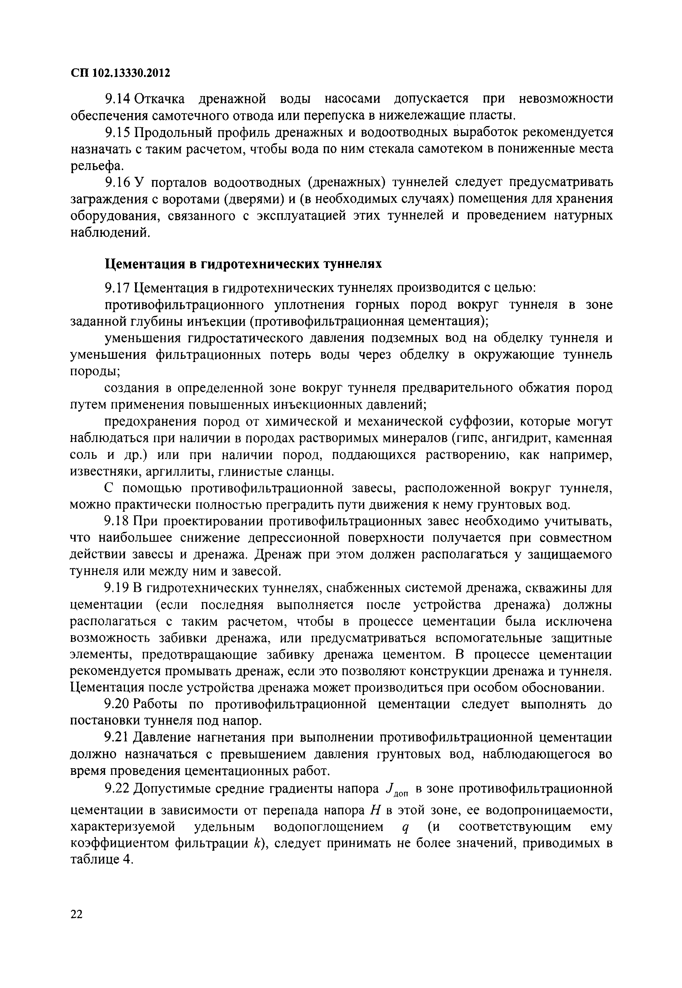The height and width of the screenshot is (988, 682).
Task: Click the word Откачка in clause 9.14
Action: pyautogui.click(x=160, y=99)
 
